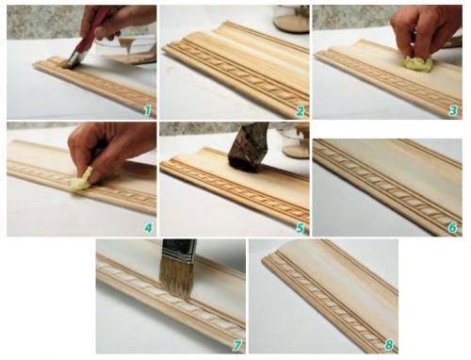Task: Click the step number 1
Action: point(148,110)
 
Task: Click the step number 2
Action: point(300,111)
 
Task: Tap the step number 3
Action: point(452,111)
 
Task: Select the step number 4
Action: point(148,228)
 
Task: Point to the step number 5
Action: point(300,228)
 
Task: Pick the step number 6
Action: point(452,228)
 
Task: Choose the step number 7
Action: point(236,346)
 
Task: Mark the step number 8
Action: point(389,345)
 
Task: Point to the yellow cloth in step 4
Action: point(81,181)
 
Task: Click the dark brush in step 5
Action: point(248,148)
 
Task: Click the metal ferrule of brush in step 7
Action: point(179,251)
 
